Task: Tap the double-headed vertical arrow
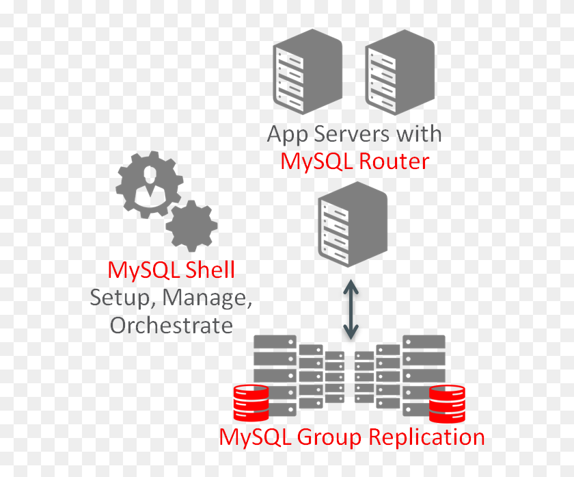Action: [351, 309]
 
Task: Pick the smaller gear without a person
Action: [191, 226]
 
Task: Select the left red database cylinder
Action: [251, 403]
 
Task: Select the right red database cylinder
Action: [447, 403]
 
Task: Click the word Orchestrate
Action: [171, 325]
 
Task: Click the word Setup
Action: [116, 298]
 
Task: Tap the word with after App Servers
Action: [418, 133]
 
